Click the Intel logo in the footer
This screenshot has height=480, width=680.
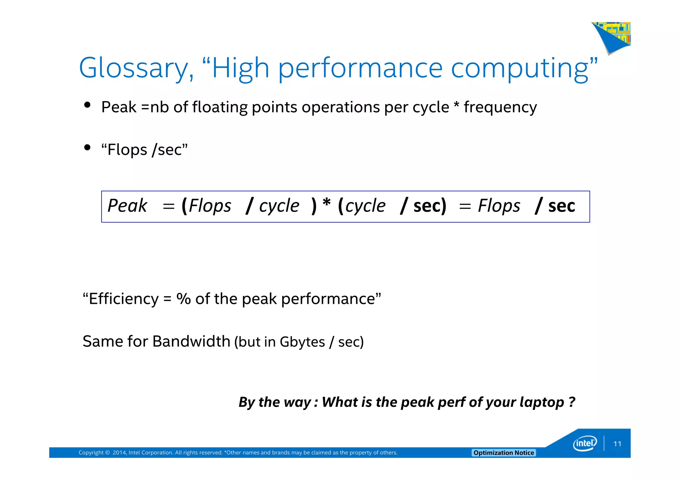coord(585,444)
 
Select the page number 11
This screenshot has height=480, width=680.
coord(617,444)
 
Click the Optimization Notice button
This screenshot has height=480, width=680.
coord(503,453)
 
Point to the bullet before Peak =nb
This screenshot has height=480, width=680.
coord(87,105)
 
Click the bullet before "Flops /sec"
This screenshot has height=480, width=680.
coord(87,148)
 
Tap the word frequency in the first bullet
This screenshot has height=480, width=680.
coord(500,107)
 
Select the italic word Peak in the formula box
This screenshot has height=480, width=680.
coord(127,206)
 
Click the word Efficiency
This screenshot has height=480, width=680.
coord(124,299)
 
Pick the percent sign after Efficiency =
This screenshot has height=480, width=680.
coord(183,299)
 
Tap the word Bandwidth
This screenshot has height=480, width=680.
coord(191,341)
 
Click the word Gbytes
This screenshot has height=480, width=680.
coord(302,342)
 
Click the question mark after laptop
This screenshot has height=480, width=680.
coord(572,402)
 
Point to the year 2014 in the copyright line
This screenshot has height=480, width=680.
coord(119,453)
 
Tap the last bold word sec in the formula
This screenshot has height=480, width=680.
coord(561,206)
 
